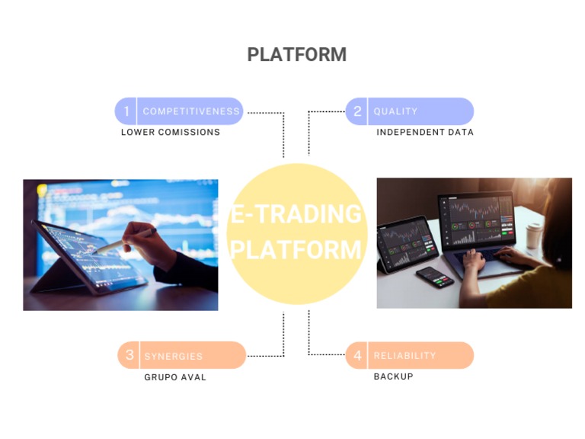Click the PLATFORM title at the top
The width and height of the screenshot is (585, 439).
(296, 55)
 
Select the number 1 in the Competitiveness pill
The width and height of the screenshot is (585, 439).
(126, 111)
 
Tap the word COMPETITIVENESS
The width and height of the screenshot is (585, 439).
(191, 111)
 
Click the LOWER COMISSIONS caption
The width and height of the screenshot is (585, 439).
(171, 132)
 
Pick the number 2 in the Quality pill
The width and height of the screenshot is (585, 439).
(357, 111)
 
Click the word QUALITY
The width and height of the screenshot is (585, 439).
(395, 111)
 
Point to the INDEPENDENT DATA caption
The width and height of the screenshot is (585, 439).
(425, 132)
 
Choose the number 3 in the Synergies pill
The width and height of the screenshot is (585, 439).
(129, 355)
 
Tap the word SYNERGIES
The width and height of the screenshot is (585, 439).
(174, 356)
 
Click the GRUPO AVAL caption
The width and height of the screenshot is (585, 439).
(175, 377)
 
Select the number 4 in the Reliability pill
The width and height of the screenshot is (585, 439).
(357, 355)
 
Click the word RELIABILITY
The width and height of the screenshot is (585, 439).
(404, 356)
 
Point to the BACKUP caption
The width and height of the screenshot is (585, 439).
(393, 377)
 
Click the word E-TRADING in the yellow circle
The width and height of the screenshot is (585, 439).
(296, 214)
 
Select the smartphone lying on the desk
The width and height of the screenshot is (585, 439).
(435, 276)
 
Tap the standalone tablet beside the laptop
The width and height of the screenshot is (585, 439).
(407, 244)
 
